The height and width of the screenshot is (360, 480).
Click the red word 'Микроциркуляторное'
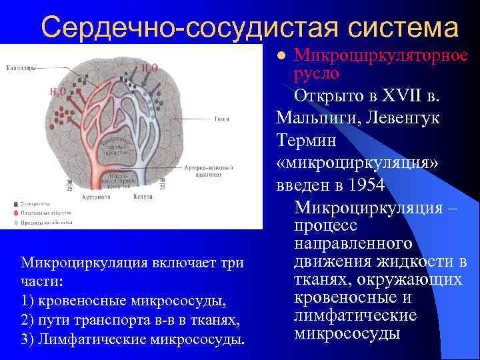pyautogui.click(x=381, y=55)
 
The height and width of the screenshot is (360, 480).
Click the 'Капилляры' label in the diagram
pyautogui.click(x=21, y=67)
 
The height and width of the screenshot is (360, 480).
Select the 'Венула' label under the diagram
pyautogui.click(x=143, y=197)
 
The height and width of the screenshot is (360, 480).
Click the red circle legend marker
pyautogui.click(x=15, y=211)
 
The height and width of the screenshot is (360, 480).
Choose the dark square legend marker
pyautogui.click(x=15, y=201)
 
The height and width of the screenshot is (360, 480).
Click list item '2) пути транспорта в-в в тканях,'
pyautogui.click(x=130, y=320)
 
